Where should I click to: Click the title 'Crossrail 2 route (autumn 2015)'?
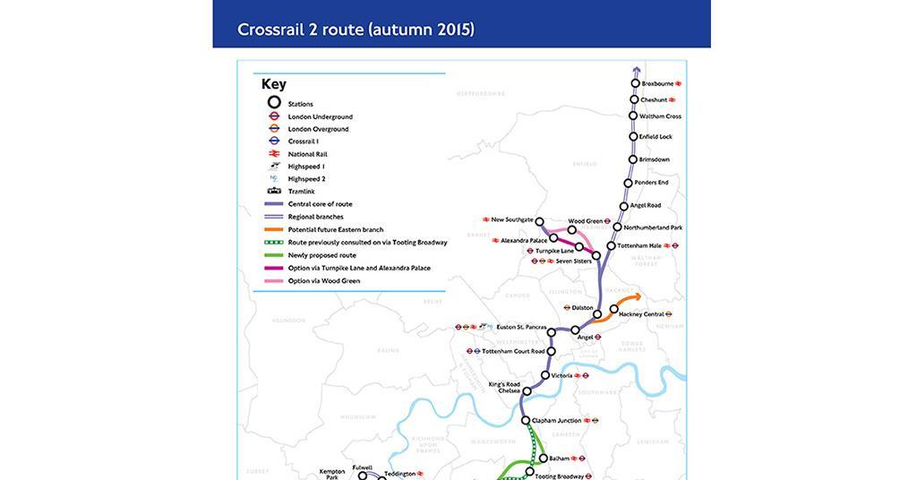coord(356,30)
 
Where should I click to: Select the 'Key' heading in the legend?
coord(274,84)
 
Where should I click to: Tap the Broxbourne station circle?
coord(636,83)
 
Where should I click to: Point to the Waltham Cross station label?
coord(660,116)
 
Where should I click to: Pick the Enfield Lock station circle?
coord(632,137)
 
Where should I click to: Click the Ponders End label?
coord(651,183)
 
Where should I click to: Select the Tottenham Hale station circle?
coord(611,245)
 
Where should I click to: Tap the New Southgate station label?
coord(512,219)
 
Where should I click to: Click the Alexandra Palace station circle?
coord(554,238)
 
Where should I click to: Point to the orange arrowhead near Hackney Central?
coord(637,297)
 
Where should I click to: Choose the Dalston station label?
coord(582,307)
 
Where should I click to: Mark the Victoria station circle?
coord(545,375)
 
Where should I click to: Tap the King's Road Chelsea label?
coord(503,388)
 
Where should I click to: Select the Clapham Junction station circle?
coord(526,420)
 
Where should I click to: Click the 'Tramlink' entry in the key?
coord(301,192)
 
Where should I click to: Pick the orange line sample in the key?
coord(275,229)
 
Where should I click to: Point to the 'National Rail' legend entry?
coord(307,154)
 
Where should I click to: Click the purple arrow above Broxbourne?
coord(636,70)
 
